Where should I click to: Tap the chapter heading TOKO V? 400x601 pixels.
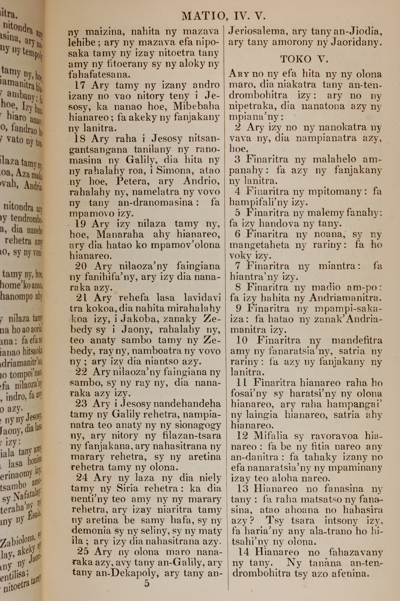[304, 59]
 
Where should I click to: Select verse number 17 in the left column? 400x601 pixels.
[80, 85]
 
